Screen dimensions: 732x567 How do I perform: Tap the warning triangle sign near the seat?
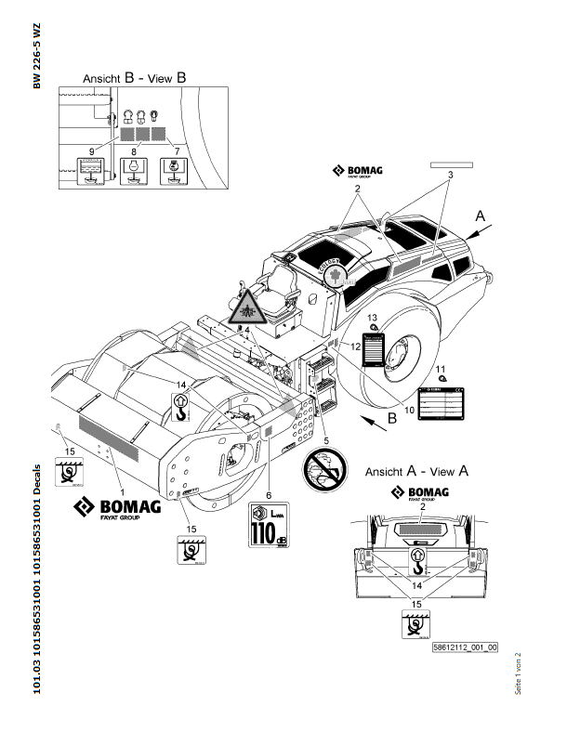pos(245,306)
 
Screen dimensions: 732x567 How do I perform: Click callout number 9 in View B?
pos(90,150)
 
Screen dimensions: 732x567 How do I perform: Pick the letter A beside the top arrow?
pos(480,215)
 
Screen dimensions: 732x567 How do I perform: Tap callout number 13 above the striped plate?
pos(373,318)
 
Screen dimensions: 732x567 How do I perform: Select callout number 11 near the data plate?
pos(442,369)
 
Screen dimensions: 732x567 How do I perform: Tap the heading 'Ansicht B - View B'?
pos(136,78)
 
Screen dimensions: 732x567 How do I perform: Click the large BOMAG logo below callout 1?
pos(118,507)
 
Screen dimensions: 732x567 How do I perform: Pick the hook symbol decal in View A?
pos(417,559)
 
